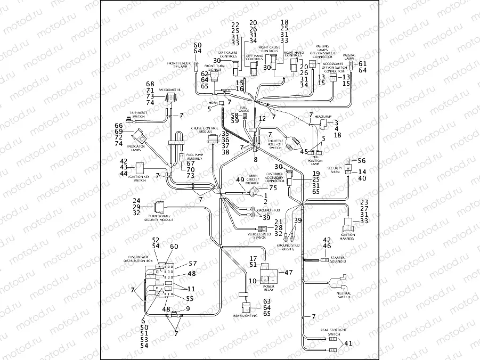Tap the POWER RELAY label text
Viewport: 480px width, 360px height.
269,288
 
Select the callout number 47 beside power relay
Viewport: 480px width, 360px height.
290,272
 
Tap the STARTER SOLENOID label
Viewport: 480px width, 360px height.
337,259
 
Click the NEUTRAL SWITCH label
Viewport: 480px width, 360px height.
344,294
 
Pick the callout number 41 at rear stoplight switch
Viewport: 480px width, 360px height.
348,343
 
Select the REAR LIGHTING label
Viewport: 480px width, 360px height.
245,316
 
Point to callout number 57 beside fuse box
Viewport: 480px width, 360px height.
192,264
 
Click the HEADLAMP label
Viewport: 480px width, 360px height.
323,116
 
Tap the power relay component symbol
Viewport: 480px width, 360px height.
270,275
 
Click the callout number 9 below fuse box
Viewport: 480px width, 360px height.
188,309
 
